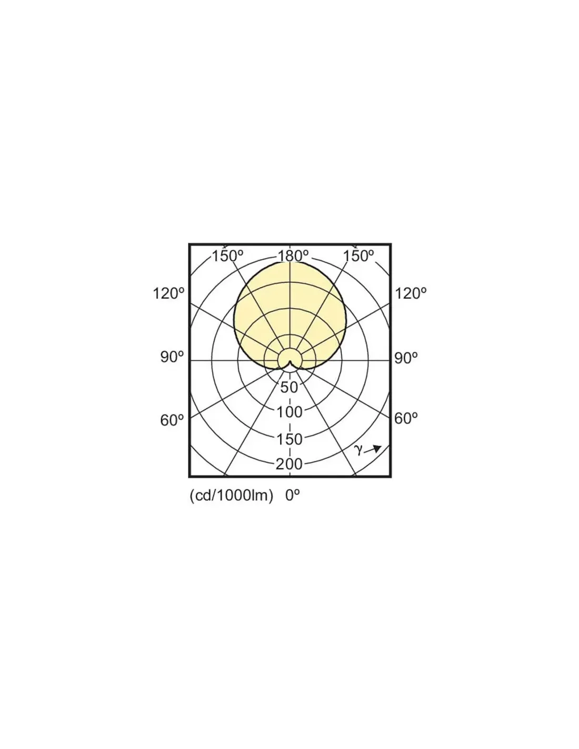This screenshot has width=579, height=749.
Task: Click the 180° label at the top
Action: (293, 256)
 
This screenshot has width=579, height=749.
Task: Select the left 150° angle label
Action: (227, 256)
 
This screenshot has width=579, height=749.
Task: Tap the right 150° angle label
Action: (358, 256)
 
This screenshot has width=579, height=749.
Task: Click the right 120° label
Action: (410, 294)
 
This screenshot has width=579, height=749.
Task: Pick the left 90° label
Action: (172, 358)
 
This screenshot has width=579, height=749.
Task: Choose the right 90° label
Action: (406, 358)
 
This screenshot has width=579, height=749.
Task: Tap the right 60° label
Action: (406, 418)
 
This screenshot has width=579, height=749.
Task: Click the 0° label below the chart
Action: (292, 496)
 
